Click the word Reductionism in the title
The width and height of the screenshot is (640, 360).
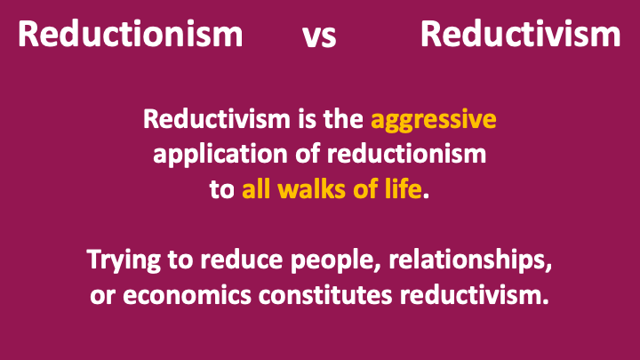130,34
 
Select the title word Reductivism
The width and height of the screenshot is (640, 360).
520,34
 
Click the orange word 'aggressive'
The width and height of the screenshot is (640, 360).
434,121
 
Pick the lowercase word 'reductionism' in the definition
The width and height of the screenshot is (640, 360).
406,155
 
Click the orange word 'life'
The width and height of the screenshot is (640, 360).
404,189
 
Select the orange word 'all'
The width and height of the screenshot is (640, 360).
256,189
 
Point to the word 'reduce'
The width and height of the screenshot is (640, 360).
241,260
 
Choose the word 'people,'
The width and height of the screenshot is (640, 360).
335,261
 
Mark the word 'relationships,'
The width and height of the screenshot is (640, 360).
470,261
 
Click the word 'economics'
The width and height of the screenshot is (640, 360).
187,295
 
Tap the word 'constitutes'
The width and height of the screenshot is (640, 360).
325,295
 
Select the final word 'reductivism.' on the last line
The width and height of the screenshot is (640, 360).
475,295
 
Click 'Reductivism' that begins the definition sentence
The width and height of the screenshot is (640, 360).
216,119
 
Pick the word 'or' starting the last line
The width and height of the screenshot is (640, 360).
102,297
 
